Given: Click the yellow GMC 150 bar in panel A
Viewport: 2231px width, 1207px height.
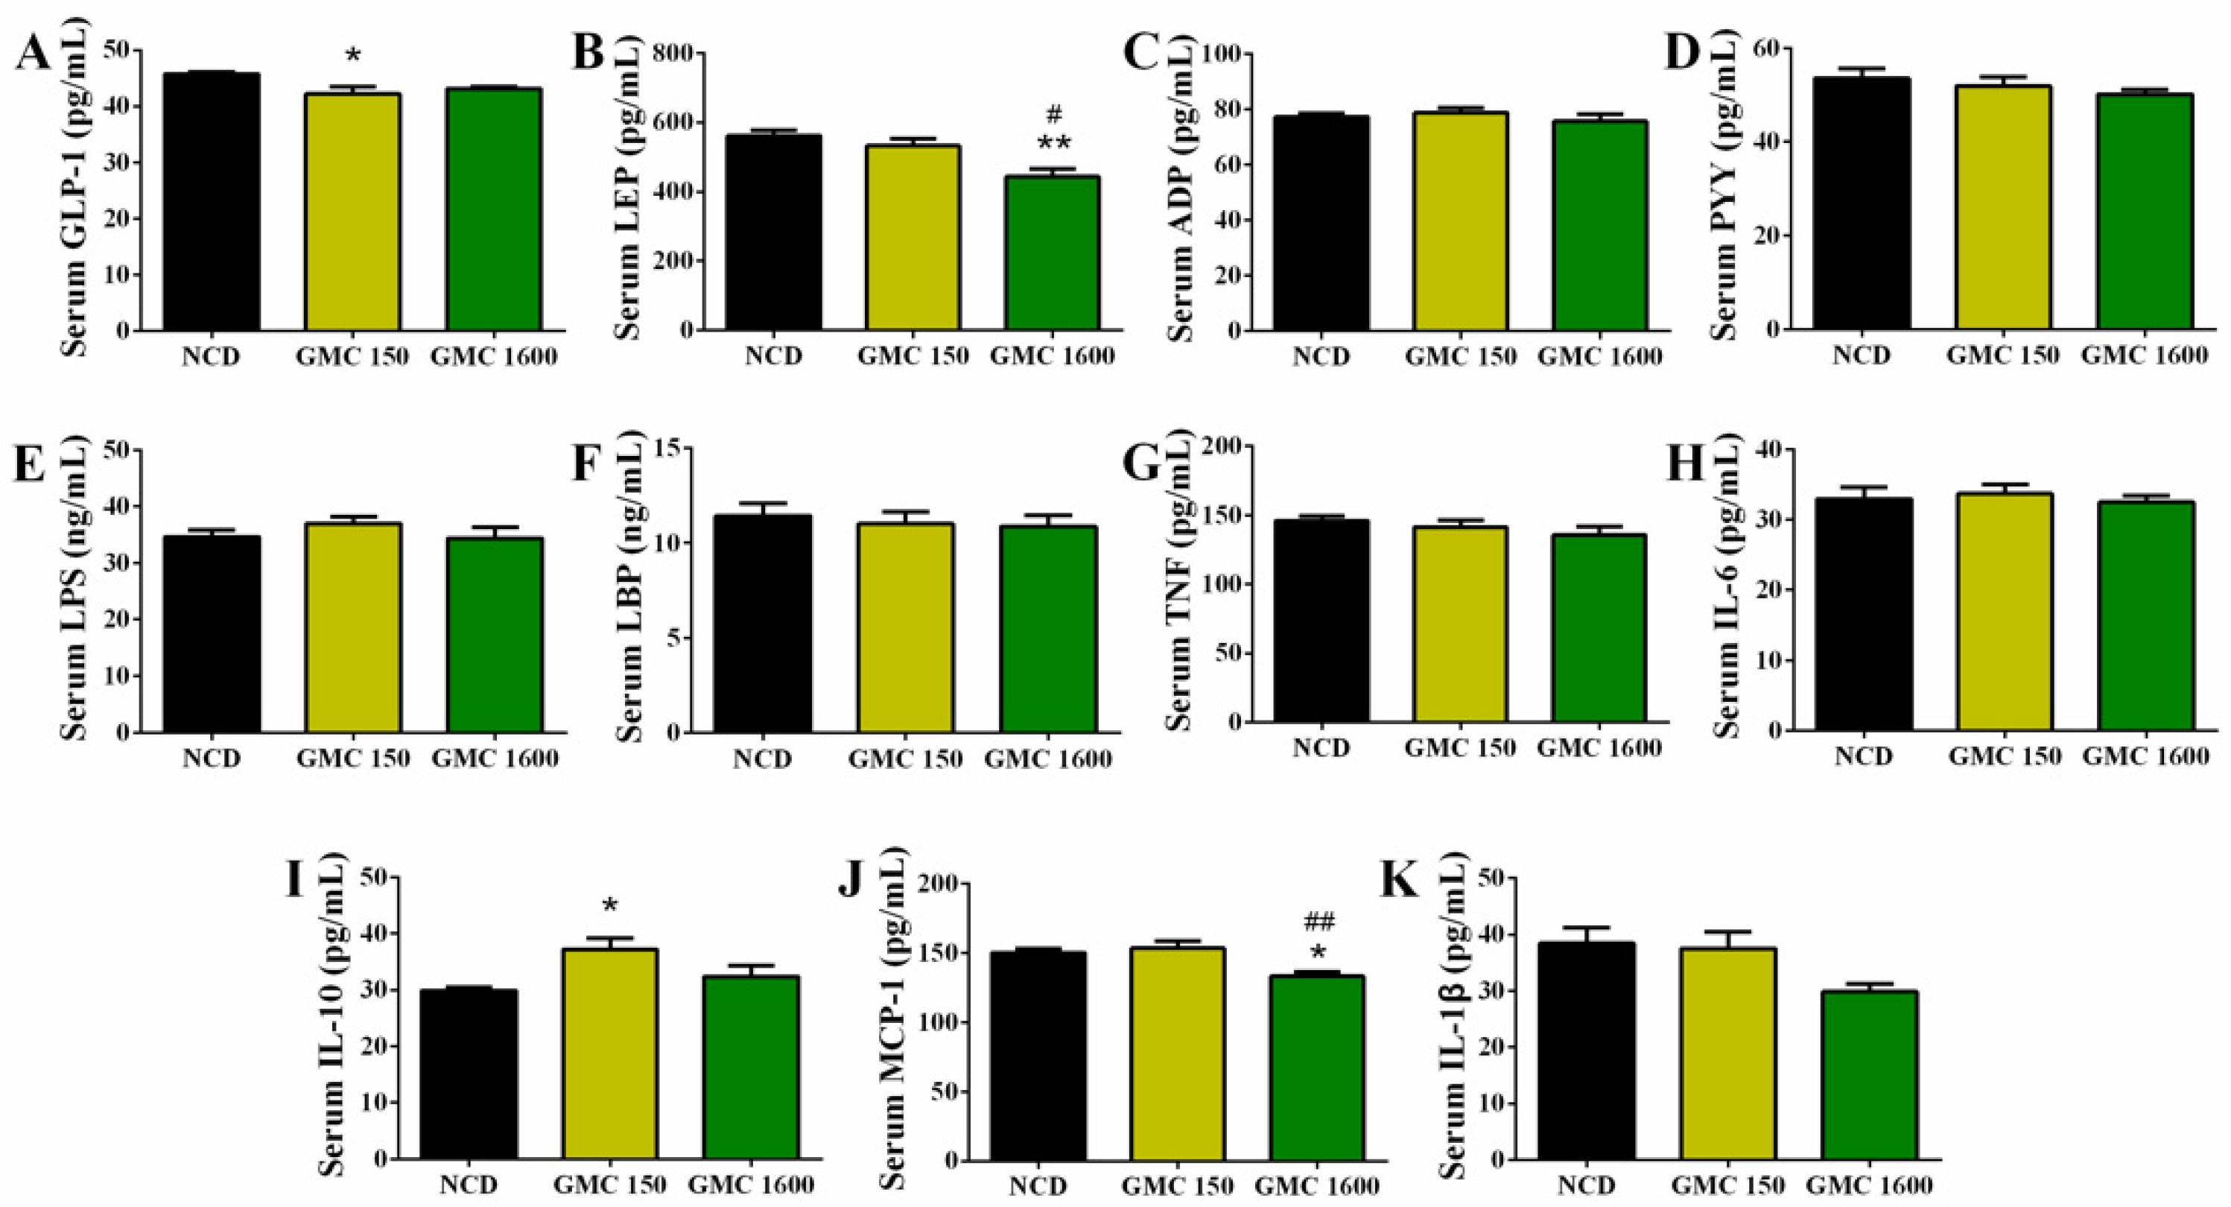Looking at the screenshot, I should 352,212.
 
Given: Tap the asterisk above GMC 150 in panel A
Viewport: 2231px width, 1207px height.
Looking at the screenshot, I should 352,57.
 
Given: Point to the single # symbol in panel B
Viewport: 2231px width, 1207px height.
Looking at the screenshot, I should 1054,113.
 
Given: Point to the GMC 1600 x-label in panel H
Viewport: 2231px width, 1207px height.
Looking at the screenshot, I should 2145,756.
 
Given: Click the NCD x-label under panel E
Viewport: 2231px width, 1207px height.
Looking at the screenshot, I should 212,758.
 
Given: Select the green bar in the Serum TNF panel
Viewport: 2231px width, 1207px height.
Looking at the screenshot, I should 1598,628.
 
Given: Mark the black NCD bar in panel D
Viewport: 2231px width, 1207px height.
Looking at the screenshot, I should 1862,203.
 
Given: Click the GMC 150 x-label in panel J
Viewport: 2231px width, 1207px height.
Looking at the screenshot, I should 1177,1185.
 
